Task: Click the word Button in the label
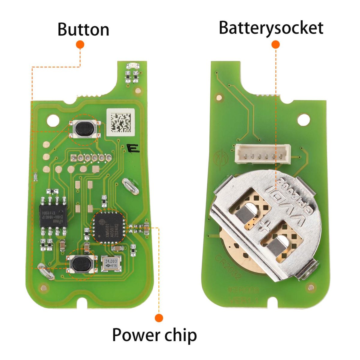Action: [x=83, y=29]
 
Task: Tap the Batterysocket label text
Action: [x=271, y=28]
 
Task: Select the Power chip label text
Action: [x=154, y=335]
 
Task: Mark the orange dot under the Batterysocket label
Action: [x=275, y=45]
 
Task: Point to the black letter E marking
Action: [x=133, y=148]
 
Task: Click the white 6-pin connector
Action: [x=263, y=154]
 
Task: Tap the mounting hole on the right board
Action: [x=303, y=119]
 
